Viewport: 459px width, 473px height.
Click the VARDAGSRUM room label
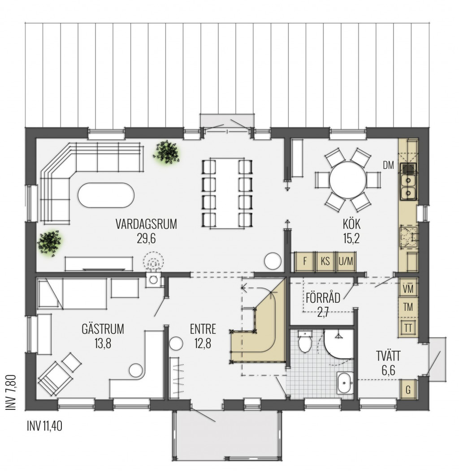[x=146, y=224]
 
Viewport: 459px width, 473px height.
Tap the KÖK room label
[x=351, y=224]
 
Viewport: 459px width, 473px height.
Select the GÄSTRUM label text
[x=103, y=329]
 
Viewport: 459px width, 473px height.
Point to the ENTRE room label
[x=203, y=329]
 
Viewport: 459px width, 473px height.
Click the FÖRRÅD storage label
[x=323, y=298]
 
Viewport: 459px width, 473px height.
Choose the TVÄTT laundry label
[x=388, y=356]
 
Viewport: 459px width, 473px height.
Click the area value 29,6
[x=146, y=239]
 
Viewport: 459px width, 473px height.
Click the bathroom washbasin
[x=345, y=383]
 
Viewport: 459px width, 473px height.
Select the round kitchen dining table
[x=348, y=180]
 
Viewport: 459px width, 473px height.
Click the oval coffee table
[x=106, y=195]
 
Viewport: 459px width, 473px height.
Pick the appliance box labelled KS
[x=325, y=261]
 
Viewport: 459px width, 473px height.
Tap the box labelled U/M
[x=346, y=261]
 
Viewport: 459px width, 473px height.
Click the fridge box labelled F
[x=305, y=261]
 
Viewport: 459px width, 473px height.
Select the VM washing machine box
[x=408, y=289]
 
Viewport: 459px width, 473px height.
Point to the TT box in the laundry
[x=408, y=328]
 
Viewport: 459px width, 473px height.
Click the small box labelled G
[x=408, y=390]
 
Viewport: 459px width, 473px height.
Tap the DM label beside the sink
[x=388, y=165]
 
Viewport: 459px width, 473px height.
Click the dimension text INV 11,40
[x=44, y=426]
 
